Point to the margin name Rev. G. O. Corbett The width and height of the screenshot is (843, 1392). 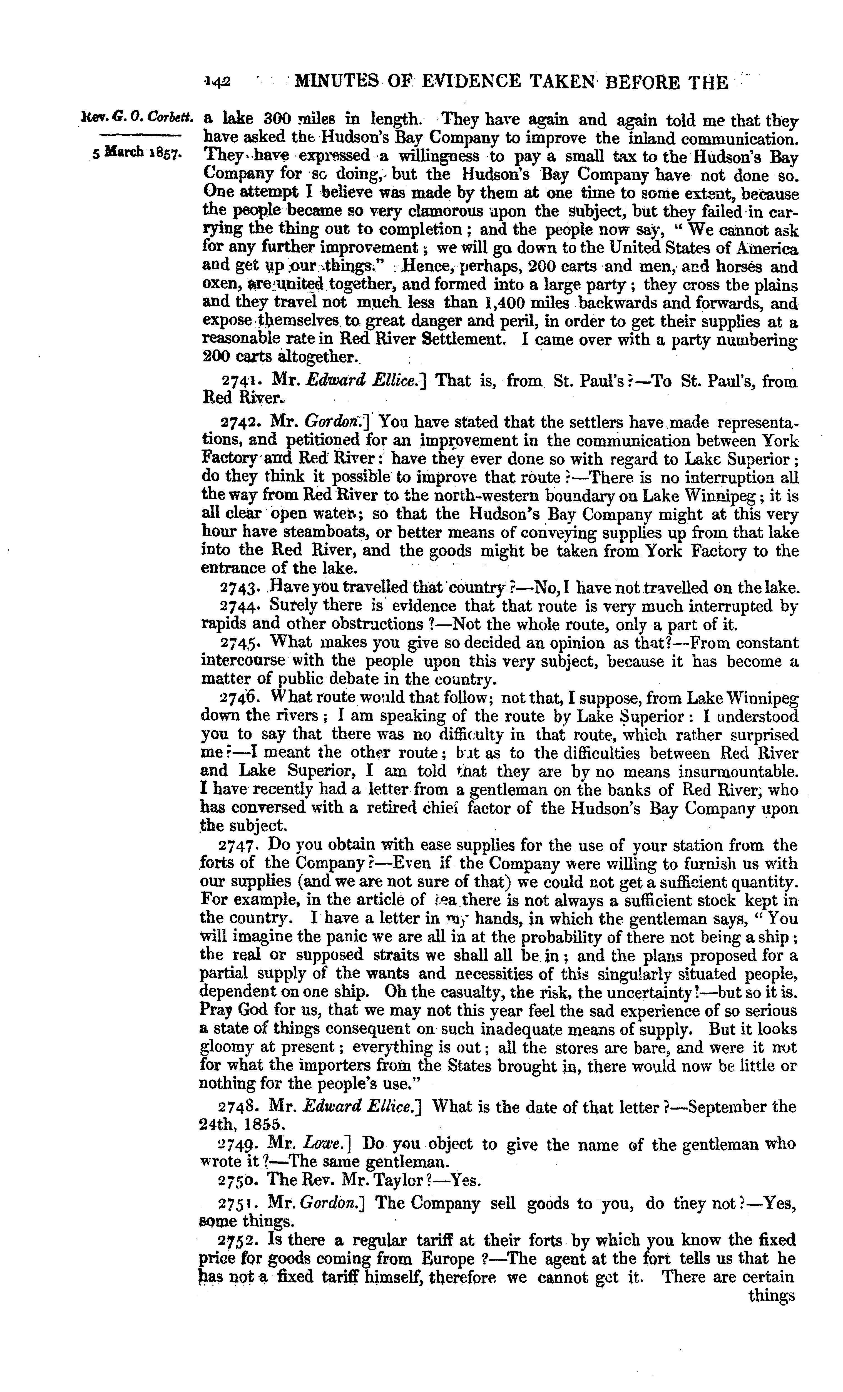tap(138, 119)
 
